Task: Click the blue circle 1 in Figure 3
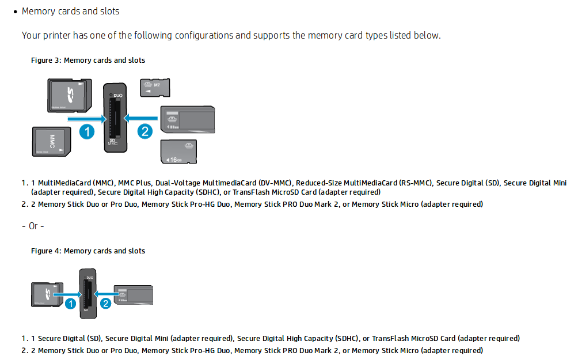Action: pyautogui.click(x=87, y=131)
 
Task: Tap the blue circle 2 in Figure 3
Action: pyautogui.click(x=144, y=131)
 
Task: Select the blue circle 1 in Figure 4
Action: pyautogui.click(x=70, y=302)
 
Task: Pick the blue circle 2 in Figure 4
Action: pyautogui.click(x=105, y=302)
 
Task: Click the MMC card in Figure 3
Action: pyautogui.click(x=51, y=142)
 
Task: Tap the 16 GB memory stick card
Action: pyautogui.click(x=178, y=151)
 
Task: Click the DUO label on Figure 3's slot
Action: pyautogui.click(x=117, y=94)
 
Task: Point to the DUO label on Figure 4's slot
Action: pyautogui.click(x=89, y=278)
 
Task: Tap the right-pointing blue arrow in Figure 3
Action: pyautogui.click(x=87, y=119)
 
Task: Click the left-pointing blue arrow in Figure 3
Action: pyautogui.click(x=141, y=119)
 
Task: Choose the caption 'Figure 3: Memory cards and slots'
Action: pyautogui.click(x=88, y=60)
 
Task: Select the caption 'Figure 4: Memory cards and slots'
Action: pyautogui.click(x=88, y=251)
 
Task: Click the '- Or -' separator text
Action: pyautogui.click(x=33, y=226)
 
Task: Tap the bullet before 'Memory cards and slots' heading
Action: pyautogui.click(x=16, y=12)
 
